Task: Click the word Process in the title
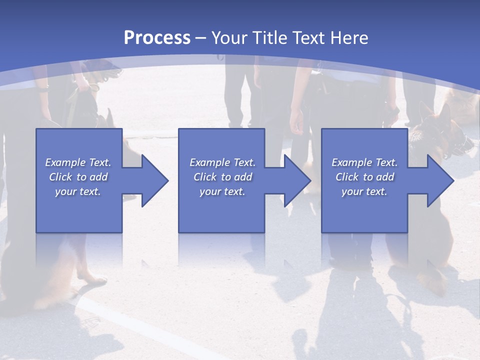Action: click(x=157, y=38)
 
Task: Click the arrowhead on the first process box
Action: click(x=153, y=180)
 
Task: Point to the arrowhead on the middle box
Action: click(x=295, y=180)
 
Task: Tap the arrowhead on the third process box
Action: click(x=438, y=180)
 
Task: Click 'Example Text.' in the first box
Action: click(x=78, y=162)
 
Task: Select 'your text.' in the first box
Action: click(x=78, y=191)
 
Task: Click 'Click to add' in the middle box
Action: click(x=222, y=177)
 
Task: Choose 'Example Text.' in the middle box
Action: click(x=222, y=162)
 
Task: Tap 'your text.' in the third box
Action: click(x=364, y=191)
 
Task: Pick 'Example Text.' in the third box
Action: click(x=364, y=162)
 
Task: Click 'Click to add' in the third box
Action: click(x=364, y=177)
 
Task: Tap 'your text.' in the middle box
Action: click(x=222, y=191)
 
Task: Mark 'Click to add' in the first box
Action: click(x=78, y=177)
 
